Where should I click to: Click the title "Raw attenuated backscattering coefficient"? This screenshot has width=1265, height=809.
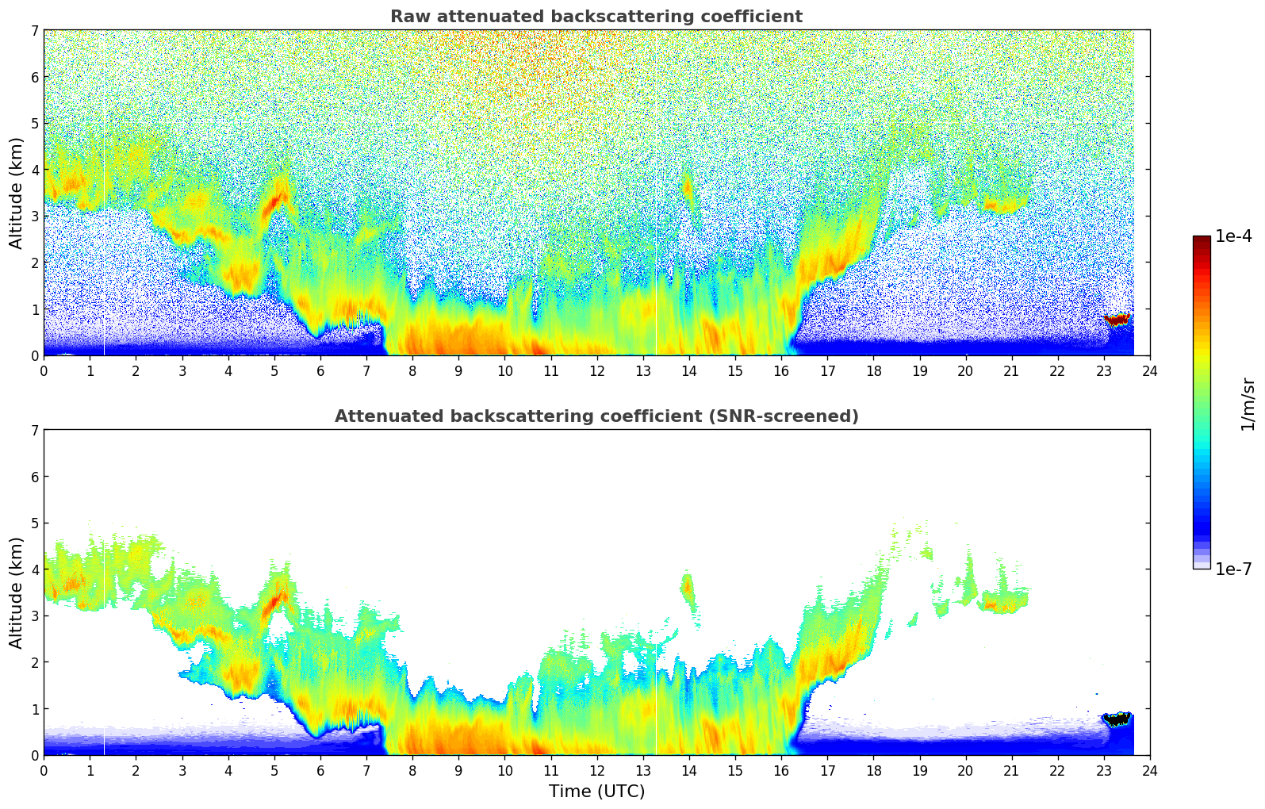[596, 17]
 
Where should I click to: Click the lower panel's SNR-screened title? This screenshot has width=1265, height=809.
[596, 416]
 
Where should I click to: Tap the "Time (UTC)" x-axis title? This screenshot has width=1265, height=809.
[596, 792]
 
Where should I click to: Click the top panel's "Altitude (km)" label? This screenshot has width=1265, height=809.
[17, 193]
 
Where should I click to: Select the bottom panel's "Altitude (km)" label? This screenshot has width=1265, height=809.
[17, 592]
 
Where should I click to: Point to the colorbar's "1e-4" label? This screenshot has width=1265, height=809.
[1233, 236]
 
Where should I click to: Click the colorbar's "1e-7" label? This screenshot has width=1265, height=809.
[1233, 569]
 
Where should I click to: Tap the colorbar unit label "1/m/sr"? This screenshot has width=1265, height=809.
[1248, 404]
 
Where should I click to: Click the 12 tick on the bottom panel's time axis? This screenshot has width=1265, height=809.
[596, 770]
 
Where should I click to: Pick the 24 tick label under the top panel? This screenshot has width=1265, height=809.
[1150, 370]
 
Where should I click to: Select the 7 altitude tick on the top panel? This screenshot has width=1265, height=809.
[35, 30]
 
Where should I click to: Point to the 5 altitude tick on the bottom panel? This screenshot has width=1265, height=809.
[35, 523]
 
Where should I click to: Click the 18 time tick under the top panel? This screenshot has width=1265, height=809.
[873, 370]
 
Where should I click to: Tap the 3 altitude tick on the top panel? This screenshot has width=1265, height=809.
[35, 216]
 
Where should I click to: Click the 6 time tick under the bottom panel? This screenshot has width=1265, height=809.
[320, 770]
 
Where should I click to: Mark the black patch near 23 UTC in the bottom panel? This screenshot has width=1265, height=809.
[1117, 720]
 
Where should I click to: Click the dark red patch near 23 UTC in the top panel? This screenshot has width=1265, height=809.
[1117, 320]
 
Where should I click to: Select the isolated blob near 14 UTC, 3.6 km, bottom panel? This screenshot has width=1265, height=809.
[687, 588]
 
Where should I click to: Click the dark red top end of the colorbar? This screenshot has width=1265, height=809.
[1202, 240]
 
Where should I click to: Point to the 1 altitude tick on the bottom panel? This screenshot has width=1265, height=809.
[35, 708]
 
